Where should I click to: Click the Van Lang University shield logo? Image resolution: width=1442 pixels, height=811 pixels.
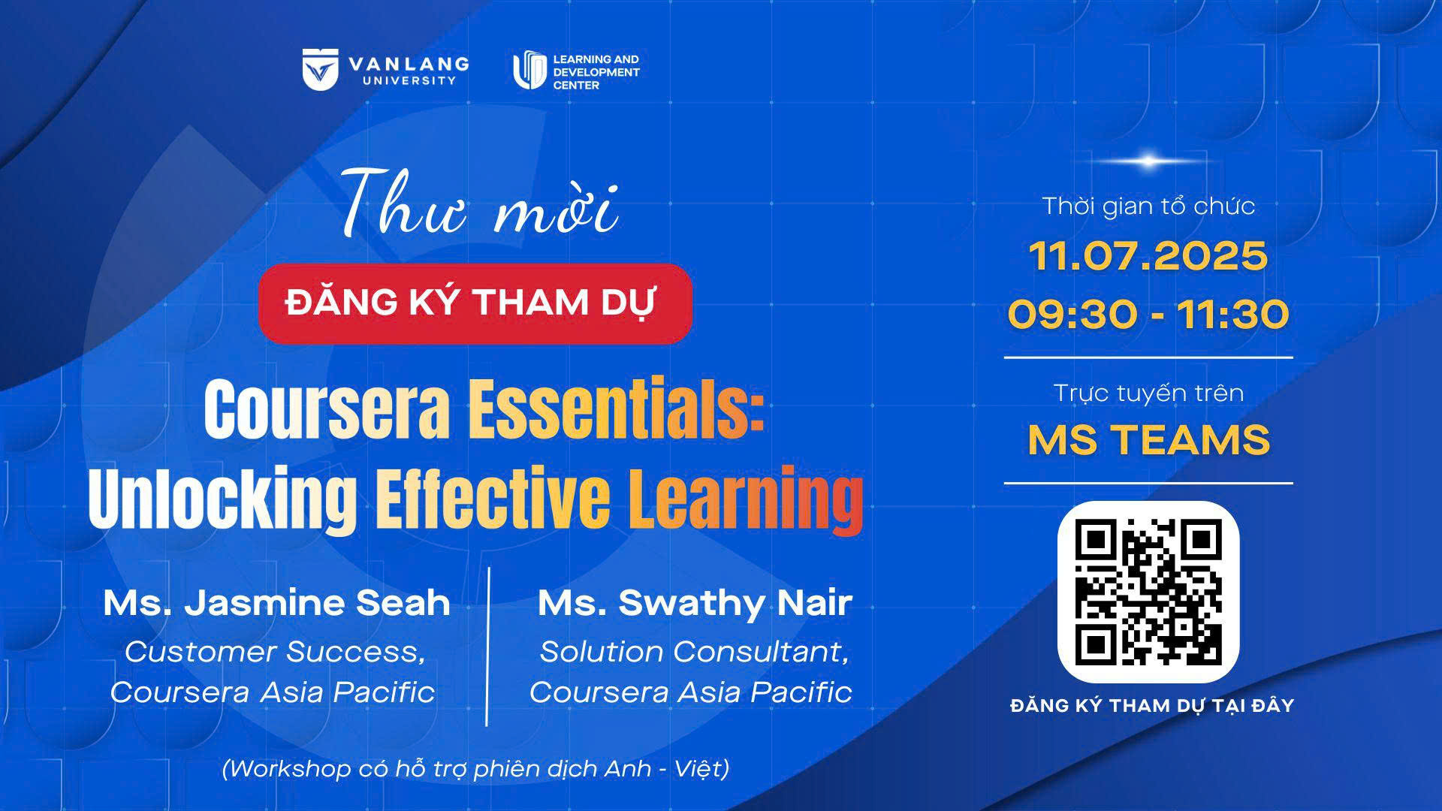(321, 69)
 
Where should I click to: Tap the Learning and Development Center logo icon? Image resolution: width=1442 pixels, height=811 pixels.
(529, 71)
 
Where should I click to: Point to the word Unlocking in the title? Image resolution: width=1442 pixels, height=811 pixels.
(222, 496)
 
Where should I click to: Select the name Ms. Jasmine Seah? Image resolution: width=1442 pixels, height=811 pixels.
(276, 603)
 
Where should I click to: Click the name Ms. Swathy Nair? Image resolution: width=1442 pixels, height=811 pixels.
(695, 604)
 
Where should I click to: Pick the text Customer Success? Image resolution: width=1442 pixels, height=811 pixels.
(276, 652)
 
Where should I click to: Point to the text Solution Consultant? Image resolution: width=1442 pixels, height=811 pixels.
(694, 652)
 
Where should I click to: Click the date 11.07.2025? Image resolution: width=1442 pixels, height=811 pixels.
(1148, 257)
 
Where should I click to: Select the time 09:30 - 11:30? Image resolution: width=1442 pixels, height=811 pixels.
(1148, 314)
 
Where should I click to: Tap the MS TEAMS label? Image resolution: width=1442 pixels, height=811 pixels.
(1148, 440)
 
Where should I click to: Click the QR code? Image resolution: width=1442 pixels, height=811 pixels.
(1148, 592)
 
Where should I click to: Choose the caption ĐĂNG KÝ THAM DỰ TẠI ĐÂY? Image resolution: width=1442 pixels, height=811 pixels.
(1152, 705)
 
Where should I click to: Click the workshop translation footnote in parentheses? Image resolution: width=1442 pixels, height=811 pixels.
(475, 769)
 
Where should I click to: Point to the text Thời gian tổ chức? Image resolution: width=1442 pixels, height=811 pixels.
(1148, 206)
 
